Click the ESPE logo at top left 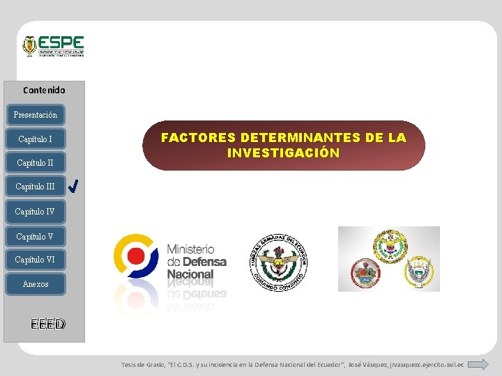coord(53,46)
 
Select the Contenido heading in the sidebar coord(44,90)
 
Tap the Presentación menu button coord(36,114)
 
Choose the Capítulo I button coord(35,139)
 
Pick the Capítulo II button coord(35,163)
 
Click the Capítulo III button coord(35,187)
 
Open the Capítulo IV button coord(35,211)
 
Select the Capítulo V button coord(35,236)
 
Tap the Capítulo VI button coord(35,260)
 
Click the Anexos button coord(36,284)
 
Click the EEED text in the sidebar coord(48,324)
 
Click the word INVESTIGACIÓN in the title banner coord(283,153)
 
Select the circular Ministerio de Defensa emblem coord(137,257)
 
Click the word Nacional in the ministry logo coord(190,274)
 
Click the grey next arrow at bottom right coord(478,364)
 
